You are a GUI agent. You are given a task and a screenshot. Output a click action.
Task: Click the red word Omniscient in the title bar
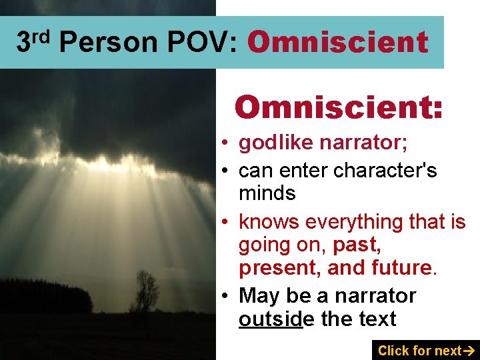[337, 43]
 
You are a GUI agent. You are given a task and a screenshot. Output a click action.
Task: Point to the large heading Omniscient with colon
[339, 107]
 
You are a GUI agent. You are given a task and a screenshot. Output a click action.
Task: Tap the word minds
[267, 193]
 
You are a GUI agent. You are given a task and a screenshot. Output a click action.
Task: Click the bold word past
[357, 244]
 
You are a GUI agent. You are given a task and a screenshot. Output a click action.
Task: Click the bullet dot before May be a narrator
[227, 295]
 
